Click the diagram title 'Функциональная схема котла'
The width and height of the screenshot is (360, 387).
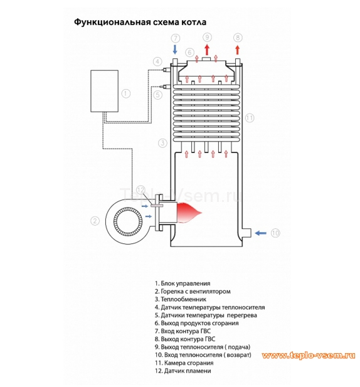pos(140,22)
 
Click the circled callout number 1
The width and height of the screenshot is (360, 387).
pos(125,93)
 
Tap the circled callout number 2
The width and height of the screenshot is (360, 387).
pos(95,220)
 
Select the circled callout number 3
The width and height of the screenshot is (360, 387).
pos(162,143)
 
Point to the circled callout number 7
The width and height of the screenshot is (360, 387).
pos(176,38)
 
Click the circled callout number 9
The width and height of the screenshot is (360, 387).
pos(208,38)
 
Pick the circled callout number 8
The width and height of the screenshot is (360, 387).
pos(237,38)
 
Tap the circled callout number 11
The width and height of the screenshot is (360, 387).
pos(250,117)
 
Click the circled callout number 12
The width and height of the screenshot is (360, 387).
pos(140,190)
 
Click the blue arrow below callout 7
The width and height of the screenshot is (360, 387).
pos(176,50)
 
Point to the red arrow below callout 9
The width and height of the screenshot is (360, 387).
pos(208,50)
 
